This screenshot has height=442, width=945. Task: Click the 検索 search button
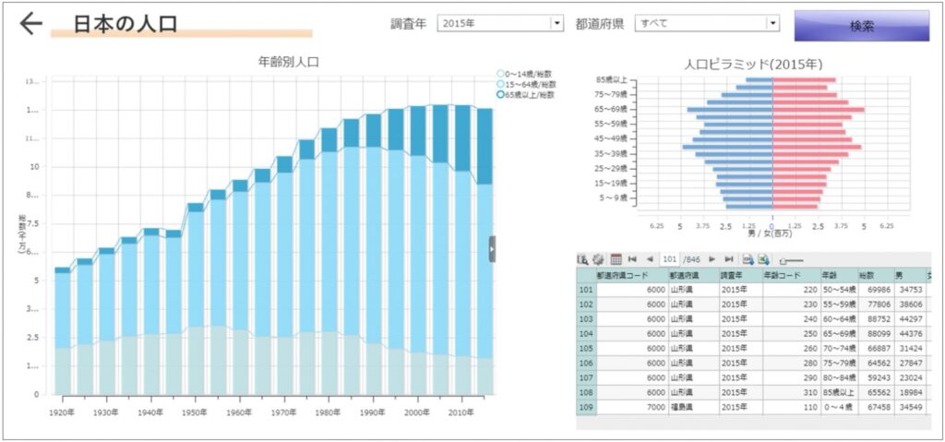[x=861, y=26]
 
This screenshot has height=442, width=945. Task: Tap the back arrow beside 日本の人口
[x=31, y=24]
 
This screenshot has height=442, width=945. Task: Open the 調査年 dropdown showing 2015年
[x=499, y=24]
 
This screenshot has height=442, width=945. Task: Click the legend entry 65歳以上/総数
[x=525, y=94]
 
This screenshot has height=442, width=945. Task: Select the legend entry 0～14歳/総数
[x=525, y=74]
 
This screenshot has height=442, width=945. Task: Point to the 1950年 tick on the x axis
[x=194, y=412]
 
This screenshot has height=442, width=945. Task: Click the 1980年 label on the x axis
[x=328, y=412]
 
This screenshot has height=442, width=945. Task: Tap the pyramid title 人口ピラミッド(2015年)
[x=752, y=66]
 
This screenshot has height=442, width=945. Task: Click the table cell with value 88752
[x=873, y=318]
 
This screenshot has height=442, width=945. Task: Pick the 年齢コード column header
[x=784, y=275]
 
